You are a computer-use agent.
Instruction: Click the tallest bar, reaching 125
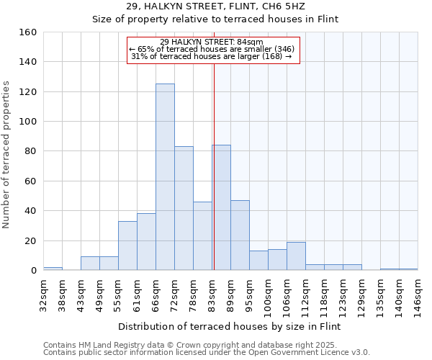tap(165, 177)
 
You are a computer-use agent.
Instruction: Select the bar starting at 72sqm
tap(184, 208)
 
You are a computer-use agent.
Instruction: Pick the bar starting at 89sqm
tap(240, 235)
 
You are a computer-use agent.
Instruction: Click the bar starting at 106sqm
tap(296, 256)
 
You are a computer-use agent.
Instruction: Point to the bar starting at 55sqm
tap(127, 246)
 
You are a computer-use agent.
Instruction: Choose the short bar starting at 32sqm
tap(53, 269)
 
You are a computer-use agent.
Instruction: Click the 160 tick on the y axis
tap(28, 32)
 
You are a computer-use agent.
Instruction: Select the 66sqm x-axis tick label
tap(156, 295)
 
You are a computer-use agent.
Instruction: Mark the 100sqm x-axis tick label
tap(268, 297)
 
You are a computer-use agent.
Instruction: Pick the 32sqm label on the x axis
tap(43, 295)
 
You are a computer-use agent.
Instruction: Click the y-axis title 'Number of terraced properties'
tap(8, 155)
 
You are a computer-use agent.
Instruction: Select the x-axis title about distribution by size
tap(230, 327)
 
